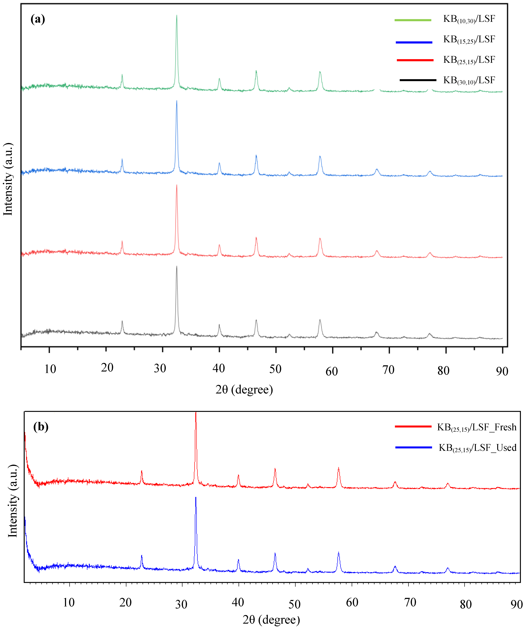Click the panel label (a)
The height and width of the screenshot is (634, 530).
38,19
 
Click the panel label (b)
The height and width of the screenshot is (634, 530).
41,427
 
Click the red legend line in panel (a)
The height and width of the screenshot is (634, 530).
415,60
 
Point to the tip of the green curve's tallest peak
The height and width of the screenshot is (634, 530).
177,15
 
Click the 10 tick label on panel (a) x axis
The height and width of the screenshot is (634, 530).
50,369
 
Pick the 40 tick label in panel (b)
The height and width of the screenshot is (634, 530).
238,602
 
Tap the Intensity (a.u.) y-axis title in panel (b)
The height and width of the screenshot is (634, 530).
13,501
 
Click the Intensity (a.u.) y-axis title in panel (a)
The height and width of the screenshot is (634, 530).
8,179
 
